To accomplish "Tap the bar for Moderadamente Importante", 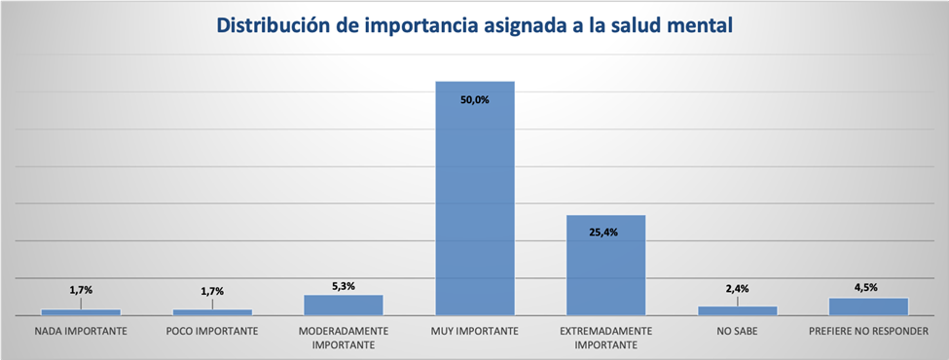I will click(344, 305).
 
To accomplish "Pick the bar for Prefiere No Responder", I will click(868, 306).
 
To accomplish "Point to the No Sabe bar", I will click(738, 310).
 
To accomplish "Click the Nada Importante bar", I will click(81, 311).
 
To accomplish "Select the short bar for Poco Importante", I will click(212, 311).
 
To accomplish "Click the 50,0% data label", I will click(475, 97).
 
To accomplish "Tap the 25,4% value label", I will click(606, 232).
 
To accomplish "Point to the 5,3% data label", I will click(344, 286).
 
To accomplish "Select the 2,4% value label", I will click(738, 288).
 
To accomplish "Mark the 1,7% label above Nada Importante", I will click(81, 290).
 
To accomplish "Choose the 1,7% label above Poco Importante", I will click(212, 290).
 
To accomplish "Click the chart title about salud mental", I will click(474, 26).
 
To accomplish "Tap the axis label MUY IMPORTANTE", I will click(475, 331).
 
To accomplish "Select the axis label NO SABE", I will click(738, 331).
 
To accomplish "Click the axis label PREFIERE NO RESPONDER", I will click(868, 331).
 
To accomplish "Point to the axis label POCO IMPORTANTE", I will click(212, 331).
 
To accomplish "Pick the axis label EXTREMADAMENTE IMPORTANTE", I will click(606, 338).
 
